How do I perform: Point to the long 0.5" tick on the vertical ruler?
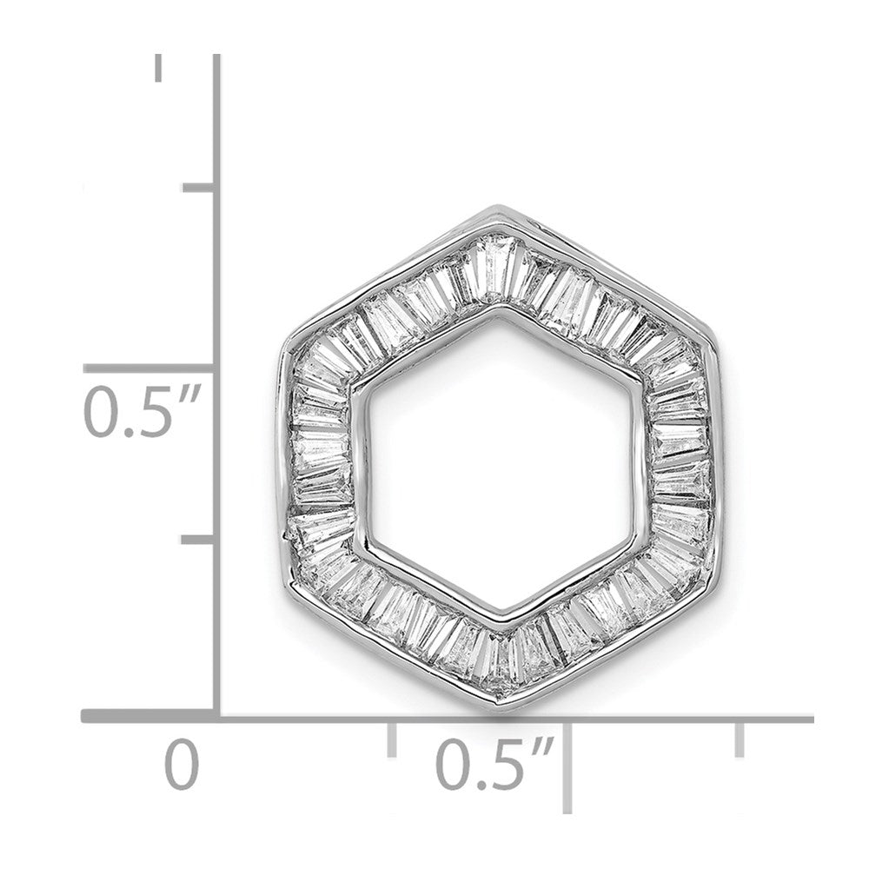149,368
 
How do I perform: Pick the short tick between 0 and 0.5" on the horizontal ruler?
392,740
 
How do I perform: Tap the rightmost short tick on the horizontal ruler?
740,740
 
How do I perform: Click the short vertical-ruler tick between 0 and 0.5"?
198,540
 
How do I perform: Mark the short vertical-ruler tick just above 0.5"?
199,188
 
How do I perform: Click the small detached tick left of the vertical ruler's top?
159,68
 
